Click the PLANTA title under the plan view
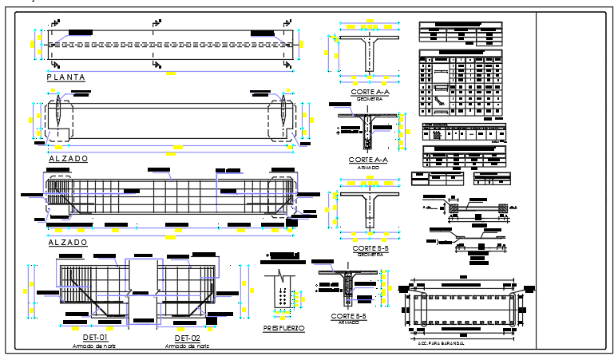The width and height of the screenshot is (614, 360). (65, 77)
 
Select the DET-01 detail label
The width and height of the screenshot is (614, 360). (83, 338)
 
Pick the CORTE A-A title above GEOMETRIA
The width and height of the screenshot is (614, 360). (369, 93)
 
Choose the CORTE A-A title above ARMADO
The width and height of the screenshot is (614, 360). (369, 160)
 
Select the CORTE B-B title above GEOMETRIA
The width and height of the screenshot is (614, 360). (369, 248)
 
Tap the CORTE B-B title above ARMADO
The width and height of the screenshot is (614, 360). (348, 316)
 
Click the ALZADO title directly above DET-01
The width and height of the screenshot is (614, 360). (68, 242)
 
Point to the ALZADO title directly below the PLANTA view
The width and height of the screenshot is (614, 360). (68, 159)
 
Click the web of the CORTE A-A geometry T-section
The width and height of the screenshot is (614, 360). (369, 57)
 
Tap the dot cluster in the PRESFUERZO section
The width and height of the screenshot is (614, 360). (282, 298)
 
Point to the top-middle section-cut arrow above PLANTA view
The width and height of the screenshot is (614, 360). (153, 22)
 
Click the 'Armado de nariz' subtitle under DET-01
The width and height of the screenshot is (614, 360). (83, 346)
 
